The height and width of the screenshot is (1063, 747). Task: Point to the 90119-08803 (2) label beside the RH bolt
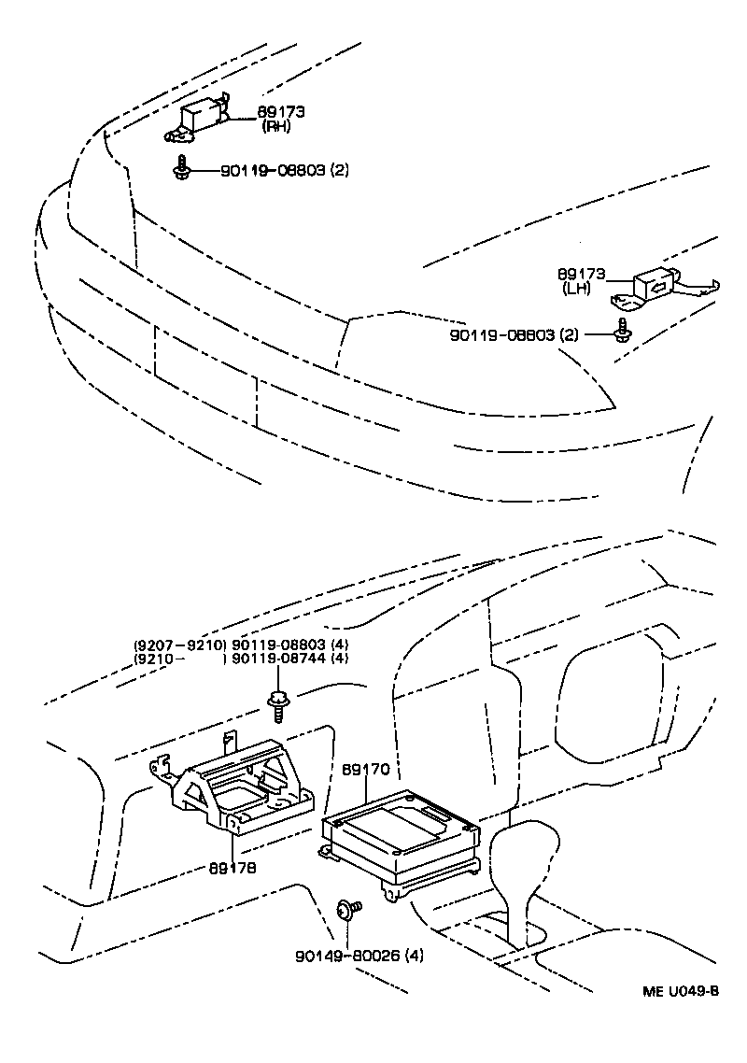[284, 171]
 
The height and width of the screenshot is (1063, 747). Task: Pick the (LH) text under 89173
[577, 289]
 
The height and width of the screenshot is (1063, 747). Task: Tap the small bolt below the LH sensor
[622, 328]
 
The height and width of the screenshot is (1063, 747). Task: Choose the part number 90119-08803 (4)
[289, 645]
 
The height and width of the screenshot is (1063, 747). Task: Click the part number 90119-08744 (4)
[289, 659]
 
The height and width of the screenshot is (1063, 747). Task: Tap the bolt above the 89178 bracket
[277, 702]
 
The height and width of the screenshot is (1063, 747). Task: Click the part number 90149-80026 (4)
[347, 956]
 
